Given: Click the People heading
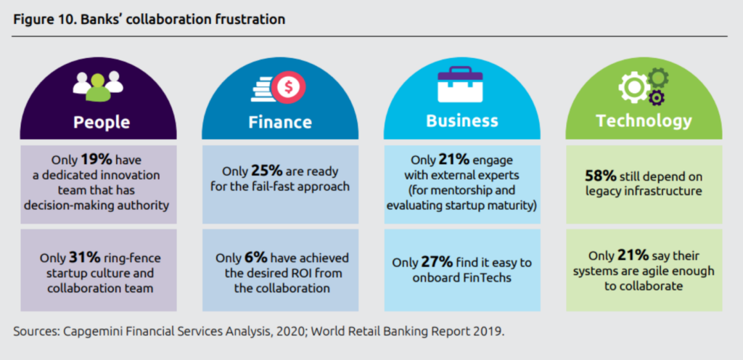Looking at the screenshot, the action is point(102,122).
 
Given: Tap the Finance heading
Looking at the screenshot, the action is point(280,122).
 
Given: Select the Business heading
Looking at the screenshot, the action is point(462,120).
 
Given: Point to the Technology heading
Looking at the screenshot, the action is point(644,120).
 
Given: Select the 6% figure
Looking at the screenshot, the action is point(255,258).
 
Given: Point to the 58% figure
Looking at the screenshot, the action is point(600,176).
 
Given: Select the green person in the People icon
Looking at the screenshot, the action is point(98,87).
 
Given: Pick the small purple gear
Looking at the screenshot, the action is point(656,97).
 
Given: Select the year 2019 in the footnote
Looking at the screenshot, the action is point(490,331).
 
